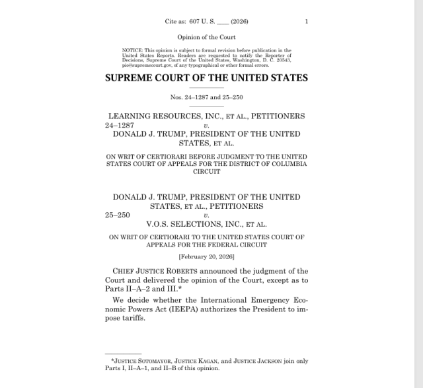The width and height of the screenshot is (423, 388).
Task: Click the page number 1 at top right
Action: pos(307,22)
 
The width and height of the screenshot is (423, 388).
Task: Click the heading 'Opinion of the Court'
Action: pos(206,37)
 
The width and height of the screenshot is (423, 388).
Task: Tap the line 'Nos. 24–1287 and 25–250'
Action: pos(206,97)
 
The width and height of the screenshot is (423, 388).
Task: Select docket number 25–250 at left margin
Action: pos(118,215)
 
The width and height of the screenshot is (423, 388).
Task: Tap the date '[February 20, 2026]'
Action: pos(206,256)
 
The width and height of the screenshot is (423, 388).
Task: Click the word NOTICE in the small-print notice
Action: pos(132,50)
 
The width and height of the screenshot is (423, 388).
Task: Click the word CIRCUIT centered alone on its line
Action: pos(206,171)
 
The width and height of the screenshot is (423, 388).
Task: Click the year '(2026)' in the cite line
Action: pos(239,22)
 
